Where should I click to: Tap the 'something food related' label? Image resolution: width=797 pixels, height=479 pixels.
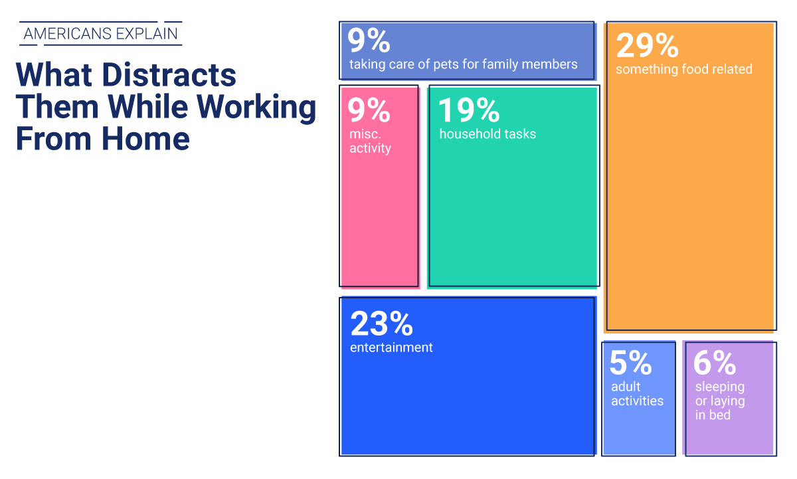[684, 69]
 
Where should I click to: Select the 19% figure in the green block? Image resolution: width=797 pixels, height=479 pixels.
[469, 110]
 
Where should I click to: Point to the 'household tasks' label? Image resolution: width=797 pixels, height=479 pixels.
[487, 134]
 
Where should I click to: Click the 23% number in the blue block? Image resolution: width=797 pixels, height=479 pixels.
[381, 324]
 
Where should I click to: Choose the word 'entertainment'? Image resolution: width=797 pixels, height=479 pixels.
[391, 347]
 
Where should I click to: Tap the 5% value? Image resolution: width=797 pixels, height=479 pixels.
[630, 363]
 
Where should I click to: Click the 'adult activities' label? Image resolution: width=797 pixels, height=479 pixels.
[637, 393]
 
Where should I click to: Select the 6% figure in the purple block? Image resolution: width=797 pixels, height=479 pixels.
[715, 363]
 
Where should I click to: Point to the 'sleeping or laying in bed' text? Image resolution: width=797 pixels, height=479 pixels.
[720, 401]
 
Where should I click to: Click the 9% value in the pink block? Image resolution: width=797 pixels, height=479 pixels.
[369, 110]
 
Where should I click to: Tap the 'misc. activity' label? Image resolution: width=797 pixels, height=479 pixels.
[370, 141]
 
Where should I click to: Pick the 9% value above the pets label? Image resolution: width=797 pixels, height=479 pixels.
[369, 41]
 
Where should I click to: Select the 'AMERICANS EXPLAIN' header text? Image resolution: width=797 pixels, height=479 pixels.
[100, 34]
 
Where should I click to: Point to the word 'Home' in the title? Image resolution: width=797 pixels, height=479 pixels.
[145, 139]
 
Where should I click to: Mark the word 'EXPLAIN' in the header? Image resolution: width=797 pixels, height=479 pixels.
[147, 34]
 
